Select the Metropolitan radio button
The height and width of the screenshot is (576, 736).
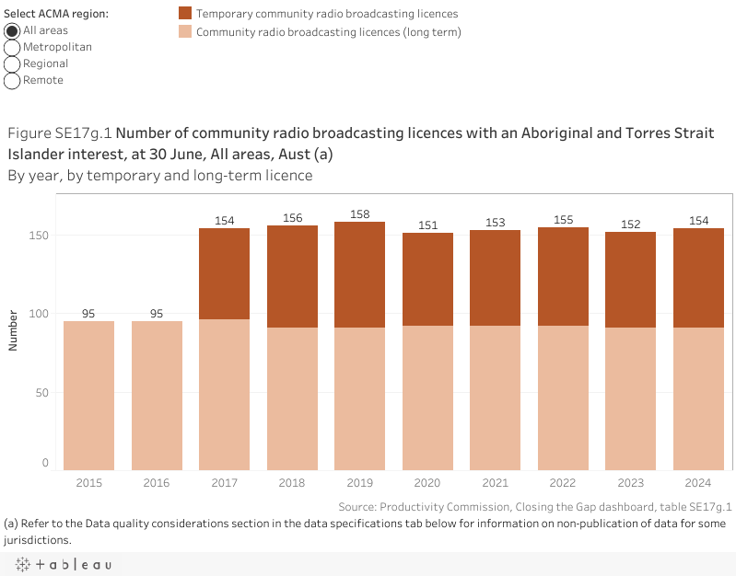coord(13,47)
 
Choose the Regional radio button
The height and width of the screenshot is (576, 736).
coord(13,63)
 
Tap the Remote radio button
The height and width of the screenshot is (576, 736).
coord(13,80)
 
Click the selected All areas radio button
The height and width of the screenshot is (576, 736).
coord(13,30)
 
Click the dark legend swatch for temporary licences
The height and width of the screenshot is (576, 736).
coord(184,14)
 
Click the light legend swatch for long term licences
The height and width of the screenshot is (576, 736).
coord(184,31)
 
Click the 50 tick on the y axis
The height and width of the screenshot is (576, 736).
coord(41,392)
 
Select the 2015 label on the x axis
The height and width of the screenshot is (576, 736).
coord(88,482)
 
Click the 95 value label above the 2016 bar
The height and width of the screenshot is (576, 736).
coord(157,314)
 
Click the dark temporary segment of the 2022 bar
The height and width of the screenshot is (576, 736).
coord(563,276)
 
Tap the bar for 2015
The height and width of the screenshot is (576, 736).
coord(88,396)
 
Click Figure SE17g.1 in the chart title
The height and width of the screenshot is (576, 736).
coord(60,133)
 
